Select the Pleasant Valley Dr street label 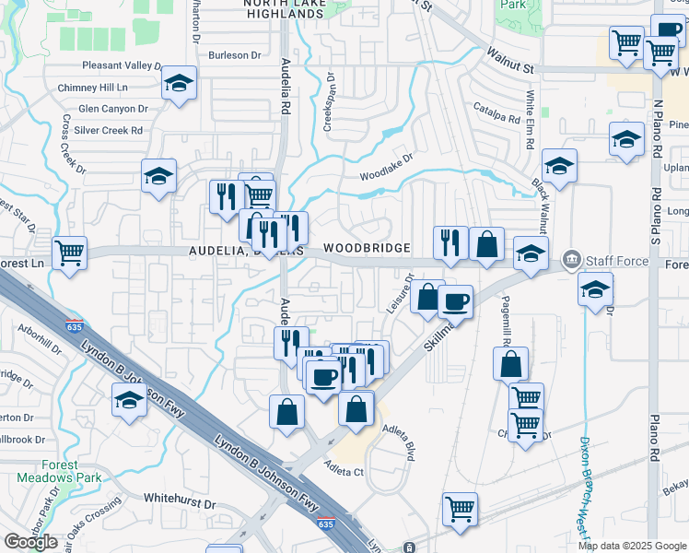(x=122, y=66)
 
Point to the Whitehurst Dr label (x=180, y=504)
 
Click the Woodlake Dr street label (x=387, y=171)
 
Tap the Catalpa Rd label (x=498, y=119)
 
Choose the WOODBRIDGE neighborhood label (x=367, y=250)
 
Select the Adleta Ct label (x=344, y=472)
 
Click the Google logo (x=30, y=542)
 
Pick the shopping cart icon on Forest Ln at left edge (x=70, y=253)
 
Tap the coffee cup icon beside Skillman (x=455, y=300)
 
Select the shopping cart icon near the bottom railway (x=460, y=507)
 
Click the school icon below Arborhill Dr (x=129, y=401)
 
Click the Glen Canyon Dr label (x=113, y=109)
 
